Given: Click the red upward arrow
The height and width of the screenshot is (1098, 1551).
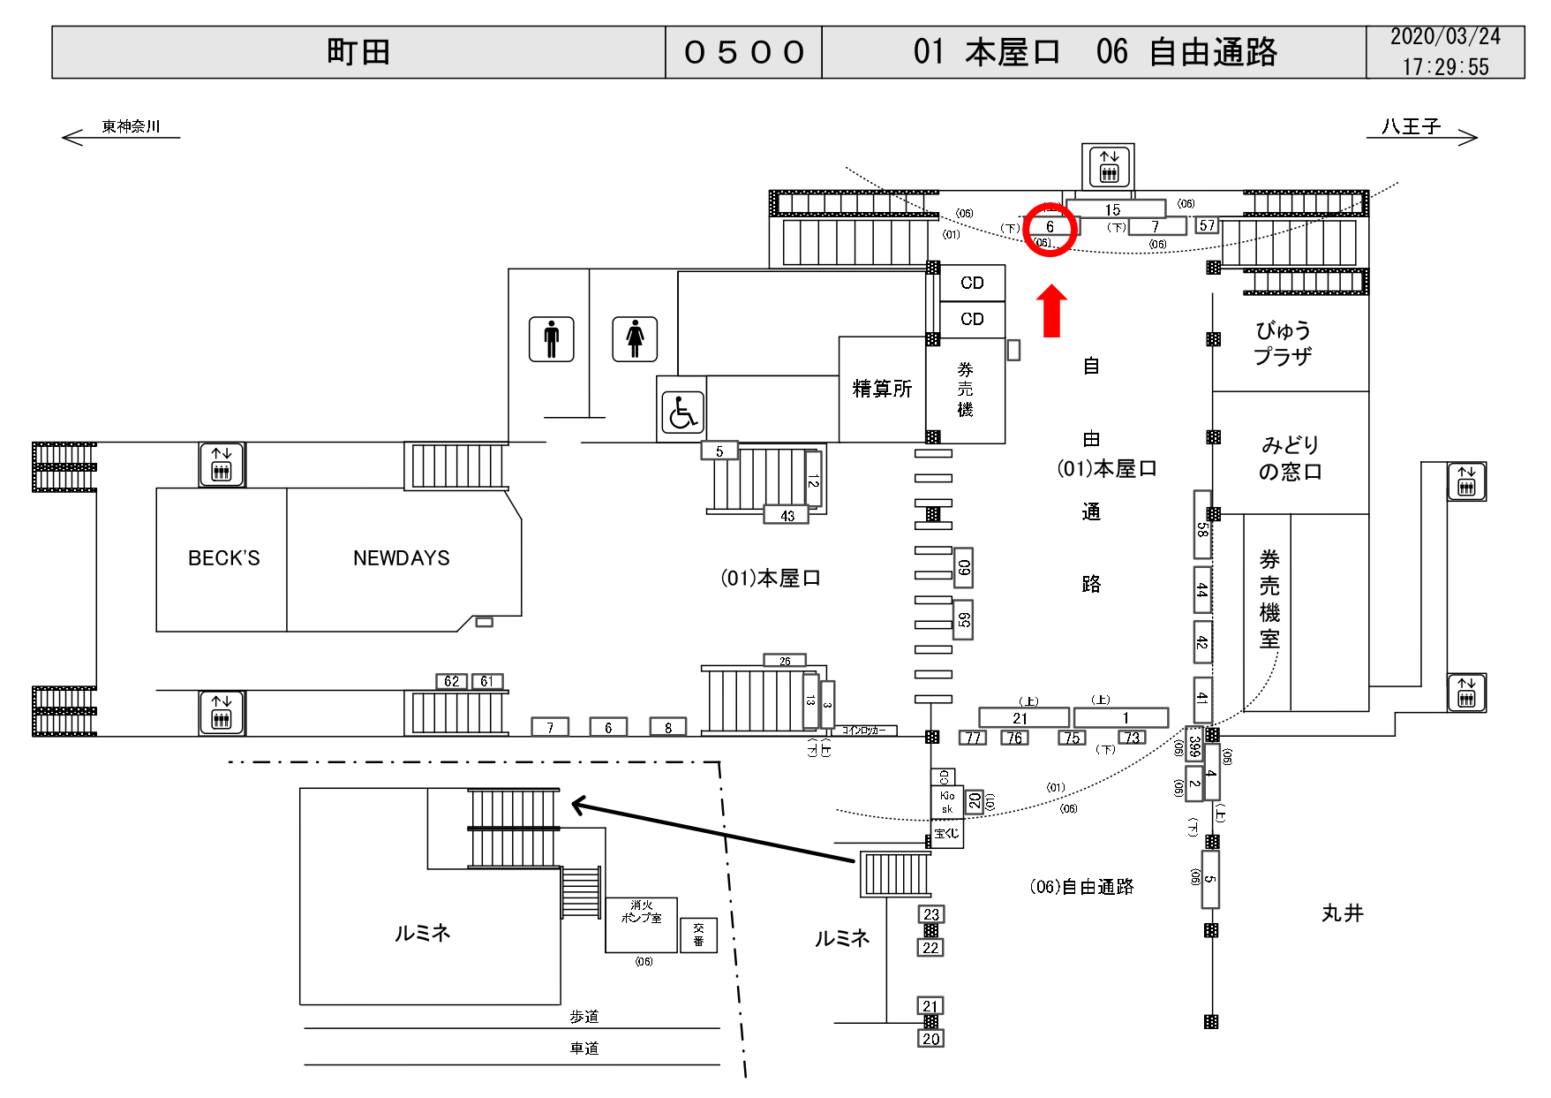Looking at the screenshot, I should click(1050, 311).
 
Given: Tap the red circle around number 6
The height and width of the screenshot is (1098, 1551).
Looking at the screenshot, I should click(1050, 228).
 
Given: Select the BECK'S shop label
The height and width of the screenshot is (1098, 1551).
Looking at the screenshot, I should click(223, 558).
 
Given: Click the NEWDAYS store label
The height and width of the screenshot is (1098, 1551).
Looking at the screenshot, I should click(401, 558).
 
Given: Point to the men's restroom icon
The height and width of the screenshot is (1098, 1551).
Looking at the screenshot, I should click(552, 339).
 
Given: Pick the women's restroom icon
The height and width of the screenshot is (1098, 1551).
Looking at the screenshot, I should click(635, 339).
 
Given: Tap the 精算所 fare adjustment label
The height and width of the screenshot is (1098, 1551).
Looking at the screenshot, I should click(881, 389).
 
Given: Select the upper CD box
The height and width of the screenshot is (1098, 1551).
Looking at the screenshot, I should click(972, 283).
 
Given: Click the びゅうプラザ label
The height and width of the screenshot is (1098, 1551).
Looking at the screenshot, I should click(1283, 344).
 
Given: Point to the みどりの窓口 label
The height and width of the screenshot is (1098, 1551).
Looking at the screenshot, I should click(1290, 458).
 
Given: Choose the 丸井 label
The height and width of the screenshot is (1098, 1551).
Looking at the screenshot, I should click(1342, 913).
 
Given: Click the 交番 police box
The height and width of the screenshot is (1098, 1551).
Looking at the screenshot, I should click(698, 935).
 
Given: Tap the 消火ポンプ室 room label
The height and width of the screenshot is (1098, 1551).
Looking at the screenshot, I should click(642, 912).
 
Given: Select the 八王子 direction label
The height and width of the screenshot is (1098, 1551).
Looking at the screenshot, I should click(1411, 127).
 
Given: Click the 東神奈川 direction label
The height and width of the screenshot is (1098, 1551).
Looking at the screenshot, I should click(131, 126).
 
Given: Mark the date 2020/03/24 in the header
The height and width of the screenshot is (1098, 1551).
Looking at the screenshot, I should click(1445, 37).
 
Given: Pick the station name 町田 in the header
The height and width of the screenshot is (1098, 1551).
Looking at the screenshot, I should click(358, 52).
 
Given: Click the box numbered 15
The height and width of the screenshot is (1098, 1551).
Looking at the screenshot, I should click(1114, 209).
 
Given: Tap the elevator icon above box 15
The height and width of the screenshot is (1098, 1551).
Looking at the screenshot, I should click(1109, 166).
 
